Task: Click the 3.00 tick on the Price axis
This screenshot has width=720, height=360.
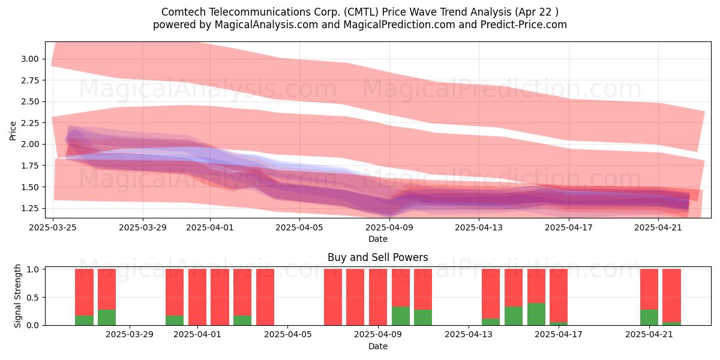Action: [30, 59]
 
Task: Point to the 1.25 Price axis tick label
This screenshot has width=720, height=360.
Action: [30, 208]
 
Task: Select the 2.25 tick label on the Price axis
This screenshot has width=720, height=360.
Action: [30, 123]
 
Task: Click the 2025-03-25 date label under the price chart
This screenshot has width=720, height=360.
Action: [53, 227]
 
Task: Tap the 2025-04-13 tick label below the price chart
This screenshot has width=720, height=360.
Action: [479, 227]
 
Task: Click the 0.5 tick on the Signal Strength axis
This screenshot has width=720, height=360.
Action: [33, 298]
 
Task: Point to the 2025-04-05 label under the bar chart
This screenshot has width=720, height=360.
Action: [287, 335]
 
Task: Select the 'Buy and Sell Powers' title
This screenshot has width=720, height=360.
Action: [377, 257]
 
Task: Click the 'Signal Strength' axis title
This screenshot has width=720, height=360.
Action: [17, 296]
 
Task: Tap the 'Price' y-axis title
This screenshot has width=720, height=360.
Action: [13, 131]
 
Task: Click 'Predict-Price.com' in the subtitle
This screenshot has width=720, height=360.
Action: [524, 25]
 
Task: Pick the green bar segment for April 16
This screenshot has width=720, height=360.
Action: [536, 314]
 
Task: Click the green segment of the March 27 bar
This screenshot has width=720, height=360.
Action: [107, 317]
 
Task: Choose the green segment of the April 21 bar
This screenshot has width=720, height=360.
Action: [649, 317]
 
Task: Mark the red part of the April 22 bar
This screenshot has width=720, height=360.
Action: [672, 296]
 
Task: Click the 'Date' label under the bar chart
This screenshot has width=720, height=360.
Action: [377, 346]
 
